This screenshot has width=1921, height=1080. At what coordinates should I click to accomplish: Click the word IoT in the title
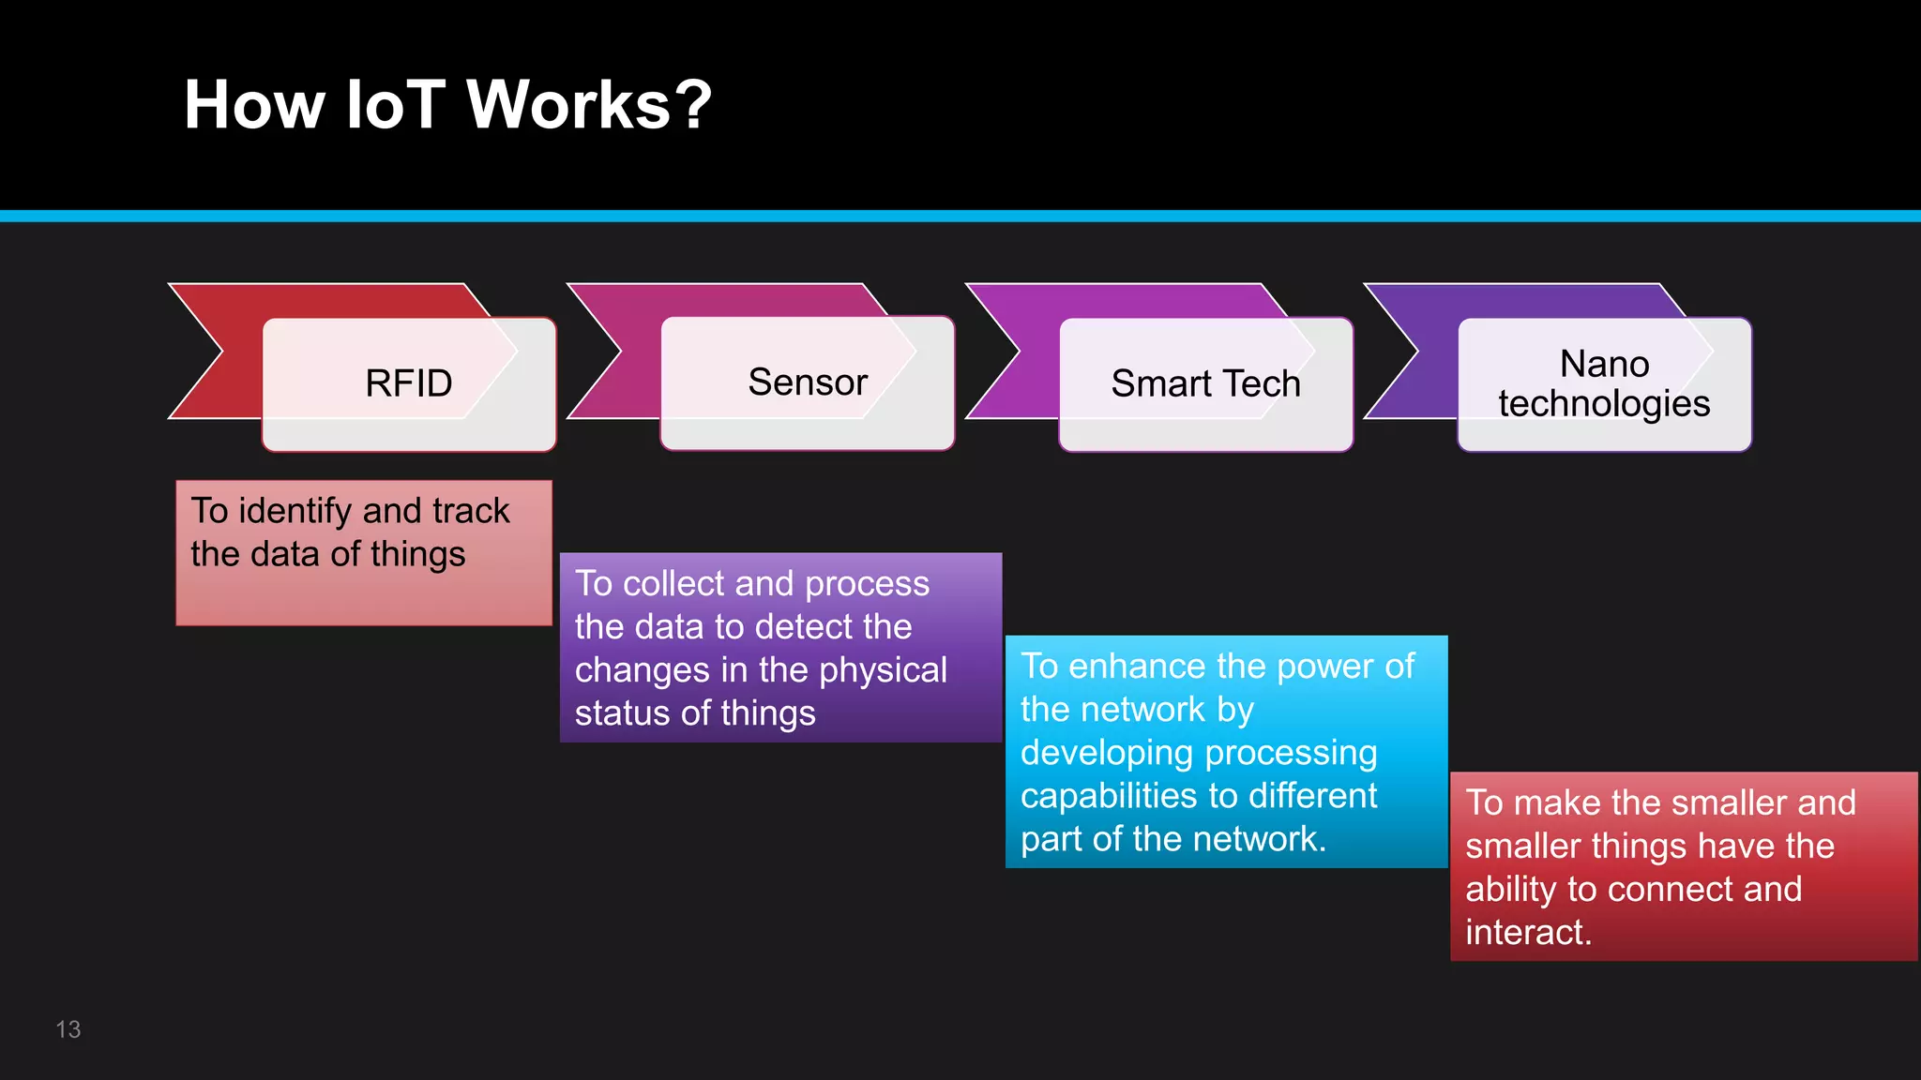tap(395, 104)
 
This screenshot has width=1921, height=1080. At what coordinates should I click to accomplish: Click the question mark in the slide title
tap(693, 104)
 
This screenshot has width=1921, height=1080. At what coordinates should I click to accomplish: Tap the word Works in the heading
tap(567, 104)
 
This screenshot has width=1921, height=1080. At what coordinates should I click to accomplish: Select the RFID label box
tap(409, 383)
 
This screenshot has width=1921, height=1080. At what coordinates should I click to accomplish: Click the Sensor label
tap(808, 382)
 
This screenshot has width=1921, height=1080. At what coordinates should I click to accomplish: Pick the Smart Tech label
tap(1205, 383)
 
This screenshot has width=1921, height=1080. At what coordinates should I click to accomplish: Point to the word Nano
tap(1604, 364)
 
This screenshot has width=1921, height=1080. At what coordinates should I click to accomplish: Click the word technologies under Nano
tap(1604, 404)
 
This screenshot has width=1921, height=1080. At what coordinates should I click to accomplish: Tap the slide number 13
tap(68, 1029)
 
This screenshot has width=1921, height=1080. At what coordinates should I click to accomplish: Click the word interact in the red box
tap(1525, 933)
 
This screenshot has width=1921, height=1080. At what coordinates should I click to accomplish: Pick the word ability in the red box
tap(1510, 890)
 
